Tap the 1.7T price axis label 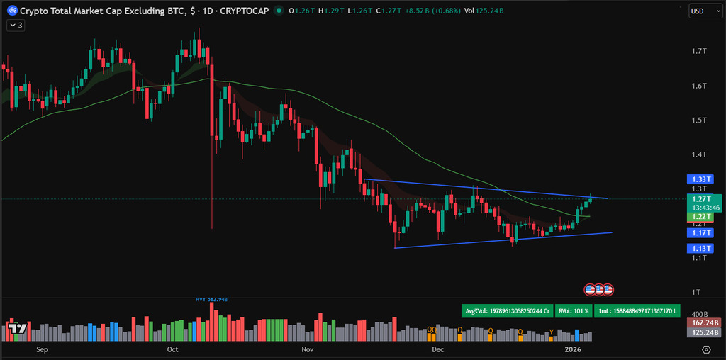click(699, 52)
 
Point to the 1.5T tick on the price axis click(699, 120)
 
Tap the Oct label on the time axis click(172, 350)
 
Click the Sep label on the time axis click(42, 350)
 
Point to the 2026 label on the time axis click(573, 350)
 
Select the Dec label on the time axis click(437, 350)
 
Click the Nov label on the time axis click(307, 350)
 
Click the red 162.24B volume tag click(705, 322)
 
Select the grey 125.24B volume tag click(705, 332)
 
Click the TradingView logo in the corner click(17, 328)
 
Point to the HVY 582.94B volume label click(212, 300)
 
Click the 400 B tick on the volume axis click(700, 313)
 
